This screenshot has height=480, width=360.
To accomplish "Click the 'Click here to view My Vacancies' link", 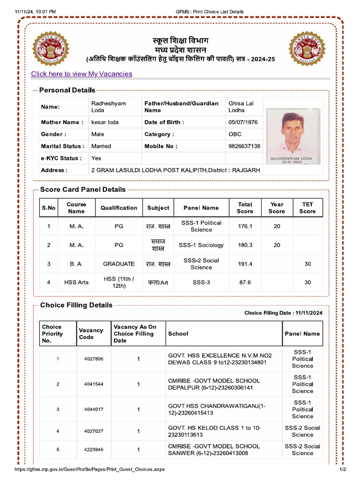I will pyautogui.click(x=82, y=74).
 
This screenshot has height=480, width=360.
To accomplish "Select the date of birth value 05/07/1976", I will pyautogui.click(x=243, y=122).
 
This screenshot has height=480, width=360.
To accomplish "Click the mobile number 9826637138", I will pyautogui.click(x=244, y=146).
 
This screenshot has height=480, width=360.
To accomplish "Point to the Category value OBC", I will pyautogui.click(x=235, y=134).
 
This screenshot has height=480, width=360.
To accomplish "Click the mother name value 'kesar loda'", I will pyautogui.click(x=105, y=122).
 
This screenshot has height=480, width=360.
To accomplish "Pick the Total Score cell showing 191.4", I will pyautogui.click(x=245, y=264).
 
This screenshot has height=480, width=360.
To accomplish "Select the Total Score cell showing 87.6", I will pyautogui.click(x=245, y=283).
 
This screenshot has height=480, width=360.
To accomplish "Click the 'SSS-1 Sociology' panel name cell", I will pyautogui.click(x=201, y=245).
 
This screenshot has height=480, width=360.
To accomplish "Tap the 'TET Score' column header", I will pyautogui.click(x=307, y=208).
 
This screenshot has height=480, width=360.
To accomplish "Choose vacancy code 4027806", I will pyautogui.click(x=94, y=359).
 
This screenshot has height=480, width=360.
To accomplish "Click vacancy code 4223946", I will pyautogui.click(x=94, y=450).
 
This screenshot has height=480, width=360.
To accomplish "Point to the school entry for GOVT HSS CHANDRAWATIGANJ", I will pyautogui.click(x=217, y=409).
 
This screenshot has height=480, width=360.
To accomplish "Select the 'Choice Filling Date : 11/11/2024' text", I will pyautogui.click(x=283, y=313).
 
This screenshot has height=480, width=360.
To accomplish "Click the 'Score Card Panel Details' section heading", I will pyautogui.click(x=83, y=190).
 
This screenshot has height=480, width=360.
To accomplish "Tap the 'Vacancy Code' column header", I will pyautogui.click(x=91, y=334).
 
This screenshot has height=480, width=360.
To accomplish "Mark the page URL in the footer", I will pyautogui.click(x=90, y=469).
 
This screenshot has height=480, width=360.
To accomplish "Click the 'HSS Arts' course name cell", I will pyautogui.click(x=76, y=283).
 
